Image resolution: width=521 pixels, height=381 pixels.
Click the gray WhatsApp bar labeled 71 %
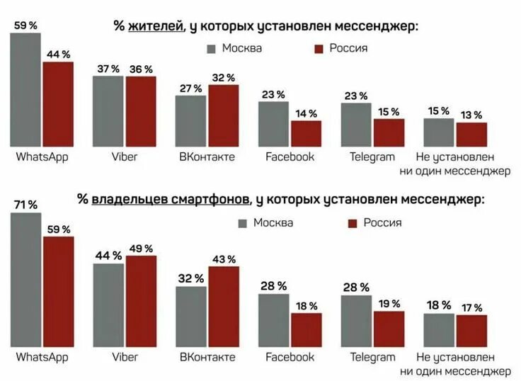tap(26, 279)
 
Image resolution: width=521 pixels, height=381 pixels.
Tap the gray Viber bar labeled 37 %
tap(108, 110)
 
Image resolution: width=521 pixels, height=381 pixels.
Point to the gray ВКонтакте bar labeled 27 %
tap(190, 120)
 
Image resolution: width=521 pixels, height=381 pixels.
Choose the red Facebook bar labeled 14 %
tap(307, 133)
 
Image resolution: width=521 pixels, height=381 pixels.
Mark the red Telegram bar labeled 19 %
tap(389, 329)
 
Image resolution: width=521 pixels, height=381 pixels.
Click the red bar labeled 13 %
tap(471, 134)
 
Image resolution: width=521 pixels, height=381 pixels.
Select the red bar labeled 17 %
tap(471, 330)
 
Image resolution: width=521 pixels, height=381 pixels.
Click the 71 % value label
tap(26, 205)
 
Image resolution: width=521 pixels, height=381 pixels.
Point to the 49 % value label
tap(141, 248)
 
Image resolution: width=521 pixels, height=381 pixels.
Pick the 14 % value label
tap(307, 113)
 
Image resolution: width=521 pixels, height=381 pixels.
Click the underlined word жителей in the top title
tap(156, 26)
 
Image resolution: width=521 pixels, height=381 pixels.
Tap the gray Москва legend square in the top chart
tap(211, 49)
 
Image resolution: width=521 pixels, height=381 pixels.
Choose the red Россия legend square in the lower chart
tap(353, 224)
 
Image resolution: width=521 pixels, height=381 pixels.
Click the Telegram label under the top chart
tap(372, 157)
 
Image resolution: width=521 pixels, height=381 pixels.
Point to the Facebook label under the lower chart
tap(290, 357)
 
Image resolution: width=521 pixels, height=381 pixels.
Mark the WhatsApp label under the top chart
tap(42, 157)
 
